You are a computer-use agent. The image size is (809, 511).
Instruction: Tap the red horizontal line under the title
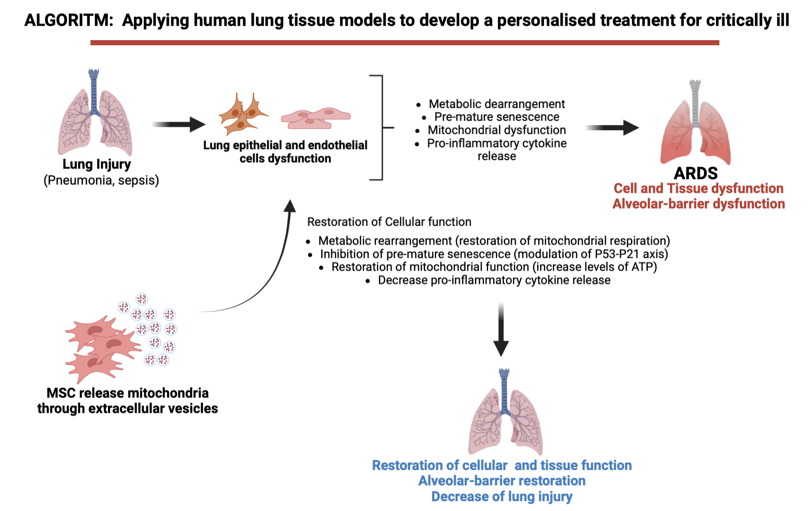pos(404,43)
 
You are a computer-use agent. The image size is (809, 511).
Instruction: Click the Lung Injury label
pos(96,164)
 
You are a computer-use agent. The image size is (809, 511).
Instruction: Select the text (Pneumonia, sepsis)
pos(101,180)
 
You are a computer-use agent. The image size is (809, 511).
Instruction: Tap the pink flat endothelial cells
pos(315,118)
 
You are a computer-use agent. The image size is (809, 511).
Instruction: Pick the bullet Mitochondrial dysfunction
pos(497,130)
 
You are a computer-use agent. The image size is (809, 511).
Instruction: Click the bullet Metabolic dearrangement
pos(497,104)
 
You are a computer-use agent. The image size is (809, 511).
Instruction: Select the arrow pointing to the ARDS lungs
pos(612,128)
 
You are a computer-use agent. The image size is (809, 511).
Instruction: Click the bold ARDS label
pos(696,173)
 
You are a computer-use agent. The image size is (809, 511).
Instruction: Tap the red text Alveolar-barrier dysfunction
pos(698,204)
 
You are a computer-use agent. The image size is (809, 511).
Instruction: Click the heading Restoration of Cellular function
pos(389,222)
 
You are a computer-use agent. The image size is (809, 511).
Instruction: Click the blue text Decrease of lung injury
pos(502,496)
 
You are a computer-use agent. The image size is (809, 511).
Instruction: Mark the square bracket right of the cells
pos(381,128)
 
